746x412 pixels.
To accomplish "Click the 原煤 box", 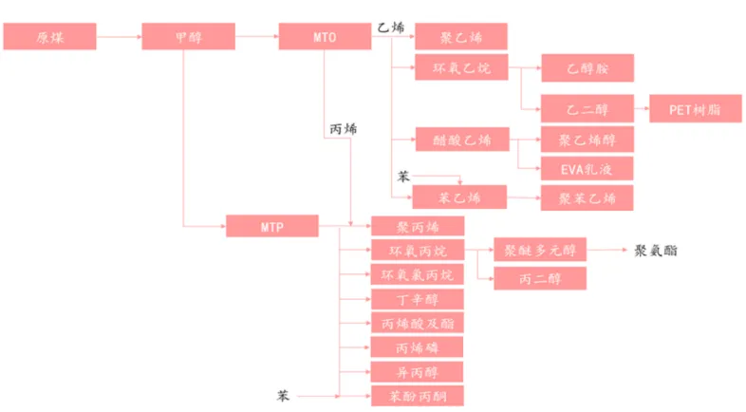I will pyautogui.click(x=50, y=37).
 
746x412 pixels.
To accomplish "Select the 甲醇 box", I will pyautogui.click(x=188, y=37).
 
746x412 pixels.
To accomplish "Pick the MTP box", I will pyautogui.click(x=272, y=227).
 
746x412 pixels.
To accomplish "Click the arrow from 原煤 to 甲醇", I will pyautogui.click(x=120, y=37).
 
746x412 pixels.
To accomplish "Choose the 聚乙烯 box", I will pyautogui.click(x=460, y=37).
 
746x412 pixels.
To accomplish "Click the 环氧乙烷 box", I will pyautogui.click(x=460, y=67).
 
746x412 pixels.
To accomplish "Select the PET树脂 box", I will pyautogui.click(x=696, y=108).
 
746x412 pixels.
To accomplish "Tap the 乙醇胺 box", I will pyautogui.click(x=587, y=67).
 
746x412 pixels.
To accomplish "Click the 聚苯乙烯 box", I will pyautogui.click(x=587, y=198).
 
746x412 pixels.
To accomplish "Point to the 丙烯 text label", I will pyautogui.click(x=343, y=128).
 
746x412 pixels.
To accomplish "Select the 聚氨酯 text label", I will pyautogui.click(x=656, y=251).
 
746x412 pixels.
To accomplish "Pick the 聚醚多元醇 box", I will pyautogui.click(x=539, y=250).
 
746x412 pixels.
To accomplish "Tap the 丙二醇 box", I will pyautogui.click(x=539, y=278).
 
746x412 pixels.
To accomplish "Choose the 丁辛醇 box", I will pyautogui.click(x=418, y=299).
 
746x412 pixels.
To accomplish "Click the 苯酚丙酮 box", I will pyautogui.click(x=418, y=395).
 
